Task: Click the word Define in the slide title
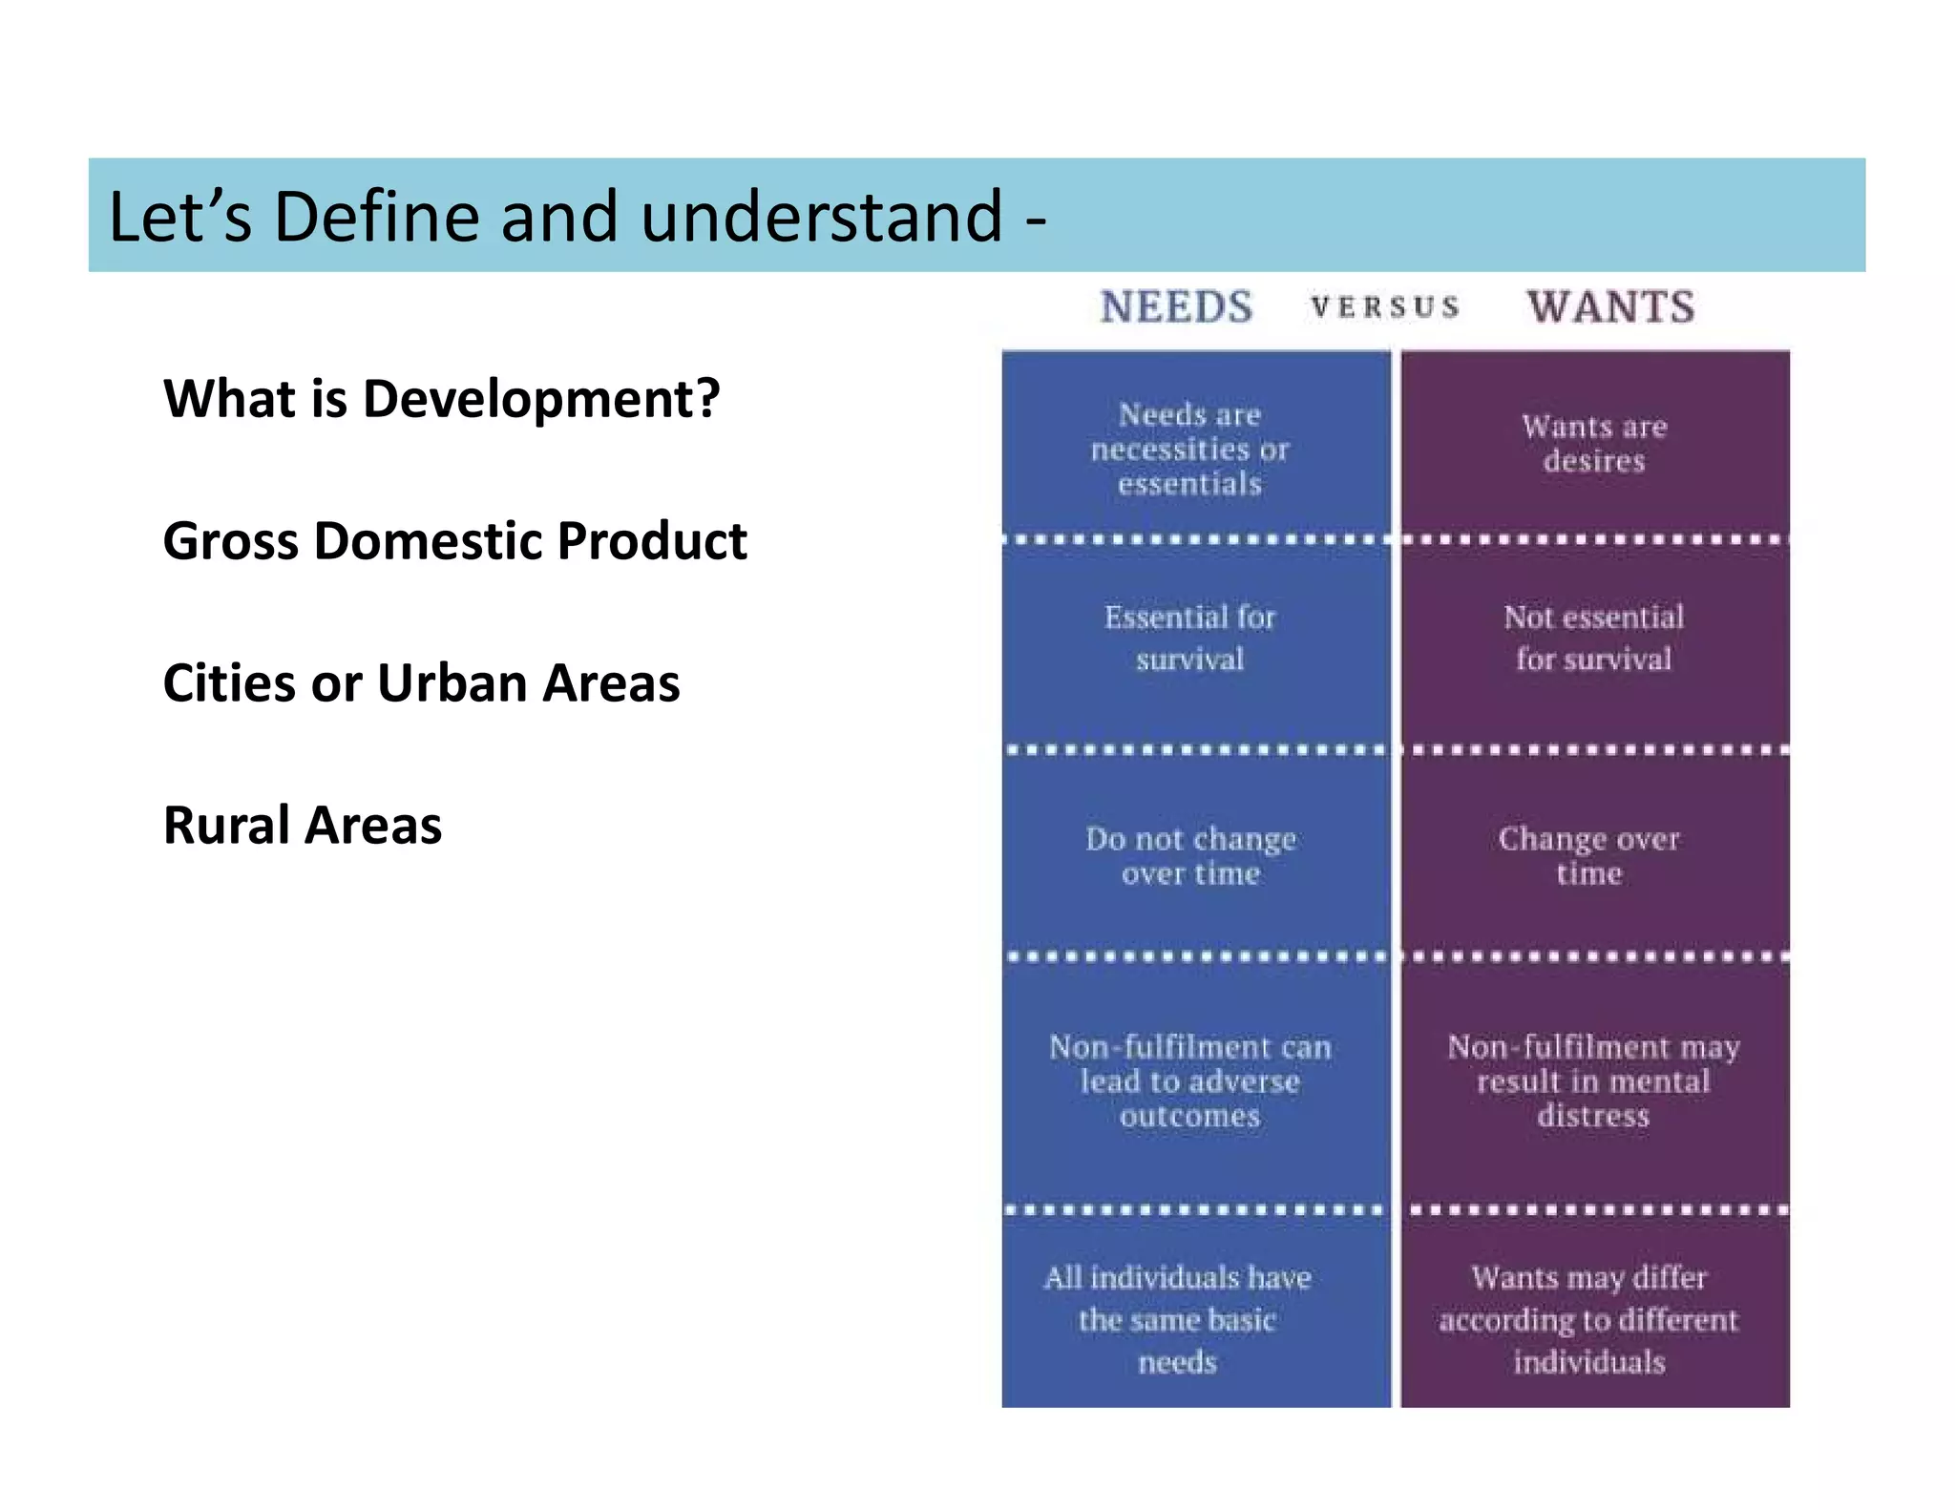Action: [378, 217]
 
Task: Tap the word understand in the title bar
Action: [821, 217]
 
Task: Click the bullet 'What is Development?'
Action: [441, 398]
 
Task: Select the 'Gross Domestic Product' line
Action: [454, 540]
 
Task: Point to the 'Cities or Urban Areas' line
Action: [421, 682]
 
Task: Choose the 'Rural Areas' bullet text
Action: [303, 825]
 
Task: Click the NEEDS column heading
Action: [1176, 307]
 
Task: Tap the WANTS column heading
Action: [1611, 307]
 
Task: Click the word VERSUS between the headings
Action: [1385, 307]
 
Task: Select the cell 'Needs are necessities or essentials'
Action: [1189, 449]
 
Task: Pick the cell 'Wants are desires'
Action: [1594, 444]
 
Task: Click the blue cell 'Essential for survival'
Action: [1189, 638]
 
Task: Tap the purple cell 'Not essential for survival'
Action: [1594, 638]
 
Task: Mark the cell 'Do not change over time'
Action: [1190, 856]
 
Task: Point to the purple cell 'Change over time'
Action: [1589, 856]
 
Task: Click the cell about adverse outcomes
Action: [1189, 1081]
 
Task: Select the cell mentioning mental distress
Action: [1593, 1081]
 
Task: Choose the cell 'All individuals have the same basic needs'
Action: [1177, 1319]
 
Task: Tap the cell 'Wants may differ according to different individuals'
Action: [1589, 1319]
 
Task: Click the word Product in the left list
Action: [652, 540]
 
